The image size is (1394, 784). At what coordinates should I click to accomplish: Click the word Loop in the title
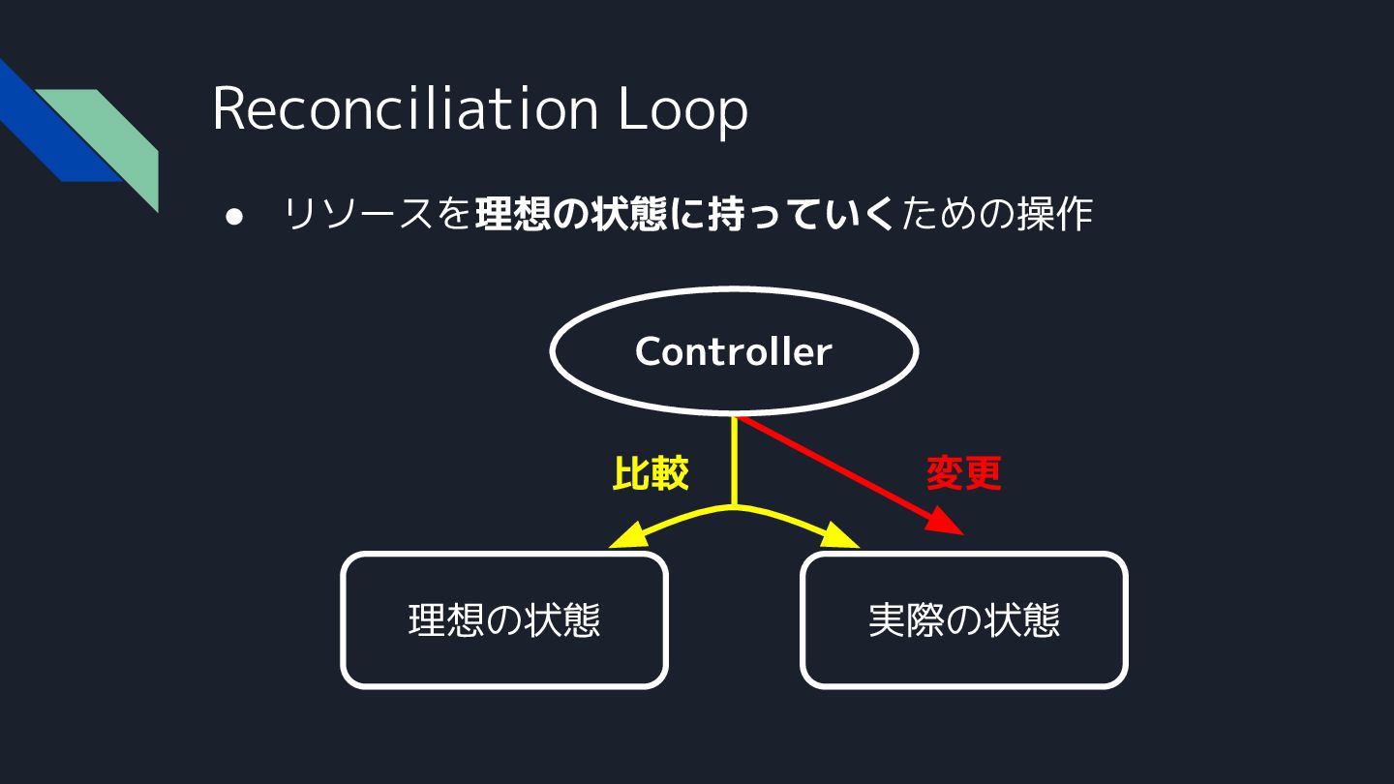[x=683, y=110]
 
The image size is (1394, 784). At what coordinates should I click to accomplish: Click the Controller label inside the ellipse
[x=733, y=351]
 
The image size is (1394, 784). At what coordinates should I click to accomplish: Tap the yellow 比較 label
[x=651, y=473]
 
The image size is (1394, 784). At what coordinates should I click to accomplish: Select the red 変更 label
[x=963, y=473]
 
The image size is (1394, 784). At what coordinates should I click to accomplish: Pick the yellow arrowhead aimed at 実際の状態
[x=842, y=536]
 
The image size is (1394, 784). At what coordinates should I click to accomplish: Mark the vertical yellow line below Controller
[x=735, y=461]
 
